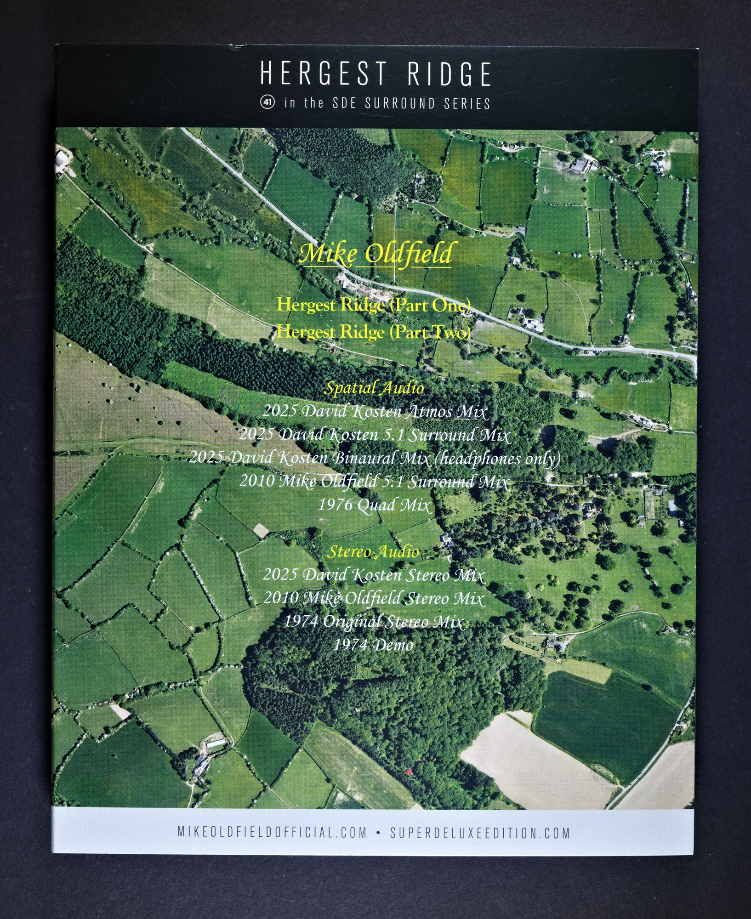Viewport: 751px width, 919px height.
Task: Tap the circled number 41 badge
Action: (267, 102)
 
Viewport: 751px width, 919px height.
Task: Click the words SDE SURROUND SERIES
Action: (411, 103)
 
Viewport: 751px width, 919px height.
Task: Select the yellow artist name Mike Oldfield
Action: (375, 254)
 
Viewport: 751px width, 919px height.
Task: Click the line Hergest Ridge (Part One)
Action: (374, 305)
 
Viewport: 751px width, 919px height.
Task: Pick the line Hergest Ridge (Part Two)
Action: (374, 332)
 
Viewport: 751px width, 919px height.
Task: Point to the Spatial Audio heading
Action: (374, 388)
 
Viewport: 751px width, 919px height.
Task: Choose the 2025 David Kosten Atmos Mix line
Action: (375, 411)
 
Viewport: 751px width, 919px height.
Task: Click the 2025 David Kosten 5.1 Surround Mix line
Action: (375, 435)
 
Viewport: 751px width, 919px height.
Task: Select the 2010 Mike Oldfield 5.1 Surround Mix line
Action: (374, 482)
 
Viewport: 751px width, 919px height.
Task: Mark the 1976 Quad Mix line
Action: (375, 505)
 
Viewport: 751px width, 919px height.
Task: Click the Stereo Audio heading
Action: (373, 552)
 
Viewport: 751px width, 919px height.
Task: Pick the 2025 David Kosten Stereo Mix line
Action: (374, 575)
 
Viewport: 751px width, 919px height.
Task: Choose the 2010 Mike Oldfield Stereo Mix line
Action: (374, 599)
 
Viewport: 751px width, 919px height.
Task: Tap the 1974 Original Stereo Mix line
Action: (374, 622)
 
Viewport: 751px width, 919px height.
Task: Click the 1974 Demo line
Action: (373, 646)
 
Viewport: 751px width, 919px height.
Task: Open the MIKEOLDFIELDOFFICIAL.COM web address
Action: (272, 832)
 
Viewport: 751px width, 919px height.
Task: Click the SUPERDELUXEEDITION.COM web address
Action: (480, 832)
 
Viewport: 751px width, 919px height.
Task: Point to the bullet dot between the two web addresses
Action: (378, 832)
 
